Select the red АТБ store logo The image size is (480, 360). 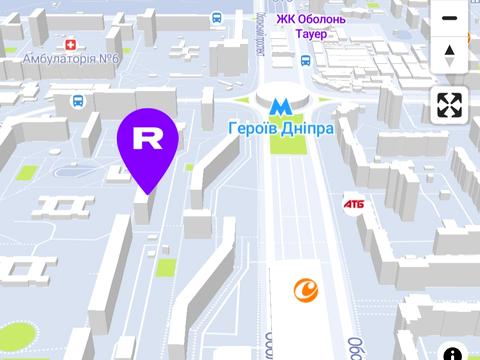click(353, 203)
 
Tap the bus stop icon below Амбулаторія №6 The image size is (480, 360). click(77, 101)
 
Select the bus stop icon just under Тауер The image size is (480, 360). click(305, 60)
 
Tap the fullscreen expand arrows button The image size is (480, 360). click(449, 104)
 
